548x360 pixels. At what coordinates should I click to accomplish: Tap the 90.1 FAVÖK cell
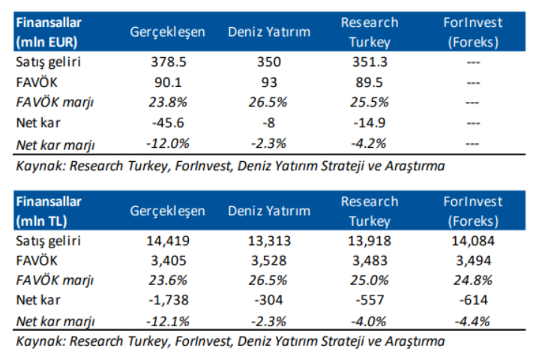click(x=167, y=82)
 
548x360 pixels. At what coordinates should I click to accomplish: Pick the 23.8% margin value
click(x=167, y=102)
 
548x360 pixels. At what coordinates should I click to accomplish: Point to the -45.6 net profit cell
click(x=167, y=121)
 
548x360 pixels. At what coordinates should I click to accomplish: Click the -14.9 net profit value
click(x=369, y=121)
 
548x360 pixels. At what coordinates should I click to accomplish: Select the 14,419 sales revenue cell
click(x=167, y=241)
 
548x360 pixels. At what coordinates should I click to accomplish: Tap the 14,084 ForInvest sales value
click(x=472, y=241)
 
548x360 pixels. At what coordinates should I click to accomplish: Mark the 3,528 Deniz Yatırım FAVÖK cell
click(x=269, y=260)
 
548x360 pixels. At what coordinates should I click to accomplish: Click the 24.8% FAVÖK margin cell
click(x=472, y=280)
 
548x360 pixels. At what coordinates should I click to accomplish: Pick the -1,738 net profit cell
click(x=167, y=299)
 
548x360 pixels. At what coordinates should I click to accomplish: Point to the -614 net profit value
click(x=472, y=299)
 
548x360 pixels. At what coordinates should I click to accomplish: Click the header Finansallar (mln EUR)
click(x=47, y=32)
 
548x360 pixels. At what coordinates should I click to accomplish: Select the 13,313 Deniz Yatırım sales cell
click(x=269, y=241)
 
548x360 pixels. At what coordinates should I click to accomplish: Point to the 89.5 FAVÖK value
click(x=369, y=82)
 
